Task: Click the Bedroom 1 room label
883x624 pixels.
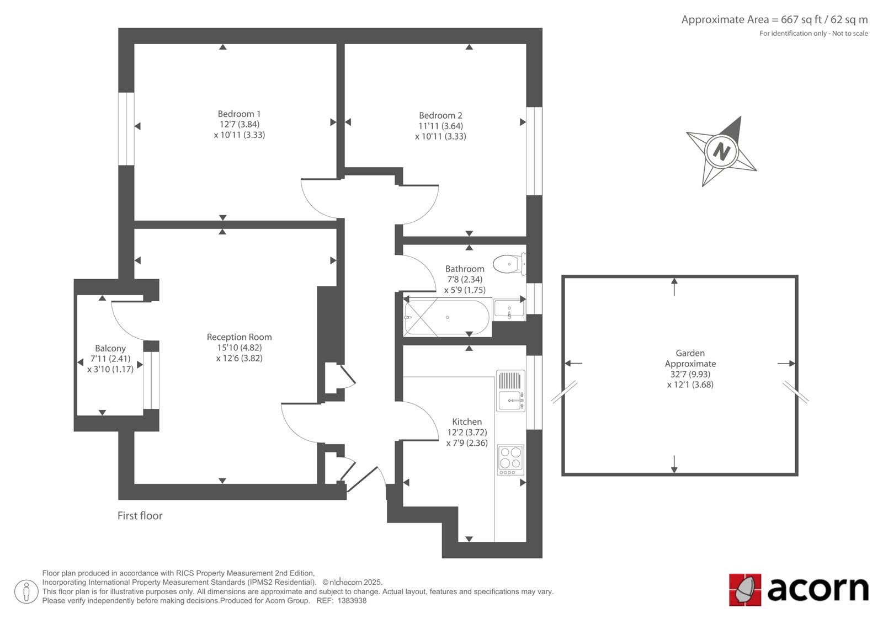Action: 240,114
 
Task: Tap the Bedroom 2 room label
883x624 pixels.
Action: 440,115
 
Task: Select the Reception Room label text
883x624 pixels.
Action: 240,338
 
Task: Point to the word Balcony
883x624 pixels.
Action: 110,349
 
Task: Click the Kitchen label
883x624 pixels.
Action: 467,422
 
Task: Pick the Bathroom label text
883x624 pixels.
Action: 465,269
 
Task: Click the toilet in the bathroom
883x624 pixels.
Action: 509,264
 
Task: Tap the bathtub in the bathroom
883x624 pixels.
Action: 448,317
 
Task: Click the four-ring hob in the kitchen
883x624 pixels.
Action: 510,460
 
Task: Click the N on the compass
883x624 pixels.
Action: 721,151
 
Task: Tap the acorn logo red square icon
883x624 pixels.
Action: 745,590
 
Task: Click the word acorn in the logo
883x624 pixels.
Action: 817,589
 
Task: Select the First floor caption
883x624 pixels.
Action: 140,516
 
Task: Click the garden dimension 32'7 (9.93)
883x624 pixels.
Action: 690,374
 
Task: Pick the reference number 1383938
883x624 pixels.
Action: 352,601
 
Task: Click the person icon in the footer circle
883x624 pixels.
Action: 26,591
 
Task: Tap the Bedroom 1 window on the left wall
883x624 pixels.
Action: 126,129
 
